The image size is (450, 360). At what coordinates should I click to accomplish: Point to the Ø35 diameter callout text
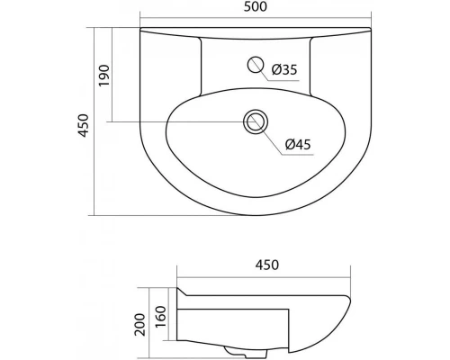pyautogui.click(x=285, y=69)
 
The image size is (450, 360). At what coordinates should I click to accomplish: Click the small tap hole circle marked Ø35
pyautogui.click(x=256, y=65)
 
